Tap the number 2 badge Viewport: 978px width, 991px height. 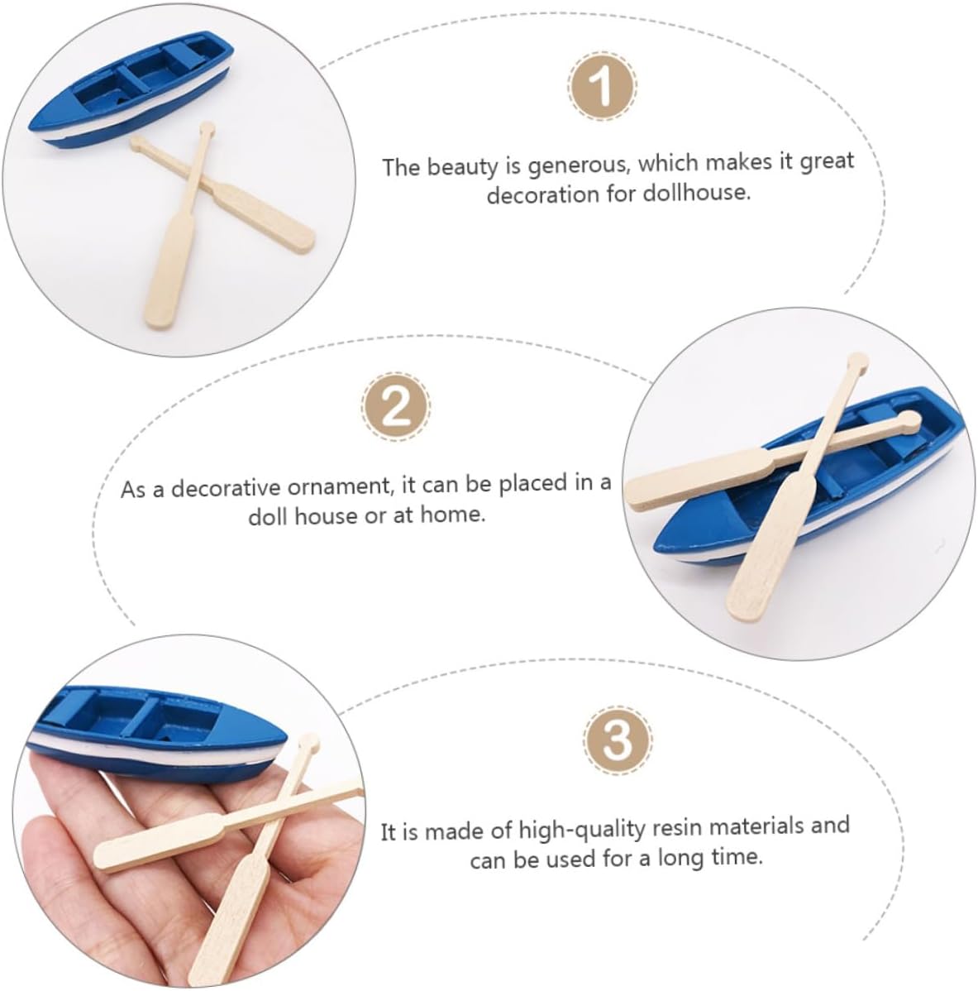(x=396, y=406)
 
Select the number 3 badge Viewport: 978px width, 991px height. (x=618, y=740)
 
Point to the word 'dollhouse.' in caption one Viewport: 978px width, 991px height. (x=697, y=192)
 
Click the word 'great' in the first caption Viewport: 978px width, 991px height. (x=827, y=162)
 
